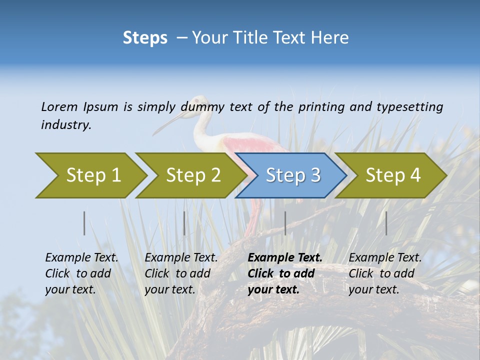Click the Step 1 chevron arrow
tap(90, 175)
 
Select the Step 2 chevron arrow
tap(190, 175)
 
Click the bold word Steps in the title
tap(145, 38)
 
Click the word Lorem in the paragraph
tap(59, 106)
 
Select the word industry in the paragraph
tap(66, 125)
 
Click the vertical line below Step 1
tap(84, 223)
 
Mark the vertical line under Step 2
tap(184, 223)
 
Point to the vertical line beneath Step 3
tap(285, 223)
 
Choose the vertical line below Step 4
tap(386, 223)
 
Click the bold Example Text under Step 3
tap(285, 257)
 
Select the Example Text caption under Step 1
tap(81, 257)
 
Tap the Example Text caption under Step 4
tap(385, 257)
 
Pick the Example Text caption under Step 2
tap(181, 257)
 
